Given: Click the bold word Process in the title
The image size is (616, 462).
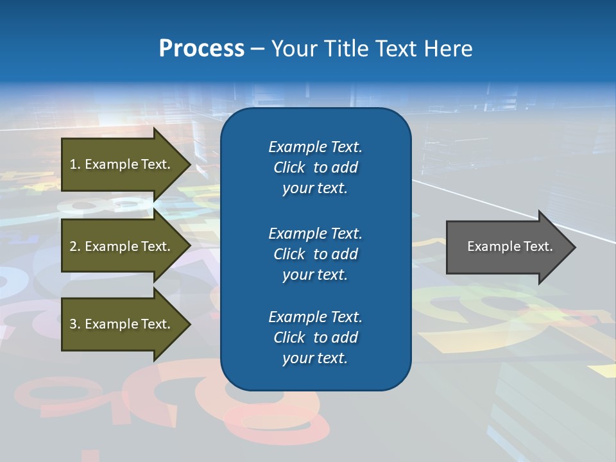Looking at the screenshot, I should click(x=201, y=49).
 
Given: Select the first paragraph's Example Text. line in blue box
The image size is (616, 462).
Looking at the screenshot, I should click(x=315, y=147).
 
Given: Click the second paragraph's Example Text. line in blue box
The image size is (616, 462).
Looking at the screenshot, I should click(x=315, y=234).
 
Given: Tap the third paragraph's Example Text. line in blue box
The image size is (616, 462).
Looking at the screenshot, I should click(x=315, y=317).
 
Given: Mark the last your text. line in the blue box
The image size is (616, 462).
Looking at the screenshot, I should click(x=315, y=358).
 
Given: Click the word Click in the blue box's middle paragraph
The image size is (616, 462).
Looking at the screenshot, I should click(x=289, y=254).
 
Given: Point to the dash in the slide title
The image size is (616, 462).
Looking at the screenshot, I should click(x=257, y=49).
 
